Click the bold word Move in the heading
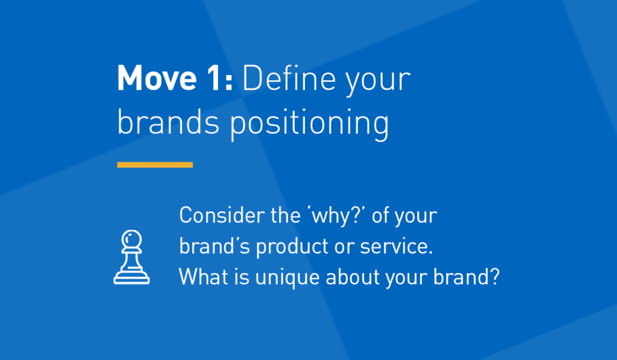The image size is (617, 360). (x=157, y=78)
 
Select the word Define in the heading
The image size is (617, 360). (x=289, y=78)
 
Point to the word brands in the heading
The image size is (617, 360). (x=169, y=121)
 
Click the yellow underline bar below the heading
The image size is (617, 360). (x=155, y=165)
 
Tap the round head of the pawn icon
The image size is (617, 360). (x=131, y=239)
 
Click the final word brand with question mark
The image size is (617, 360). (x=466, y=277)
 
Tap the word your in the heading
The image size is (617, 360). (x=378, y=81)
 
